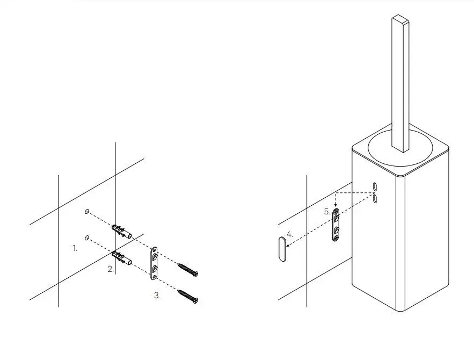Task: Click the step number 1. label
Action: [x=75, y=248]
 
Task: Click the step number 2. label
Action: [x=111, y=269]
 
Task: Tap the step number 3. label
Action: [x=157, y=296]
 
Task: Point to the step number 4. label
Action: [x=289, y=234]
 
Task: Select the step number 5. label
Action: [x=327, y=212]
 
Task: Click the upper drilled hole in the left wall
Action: [x=87, y=212]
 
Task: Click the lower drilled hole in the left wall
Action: [x=87, y=238]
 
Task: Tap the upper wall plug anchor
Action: [x=122, y=232]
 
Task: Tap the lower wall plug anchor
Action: [x=122, y=258]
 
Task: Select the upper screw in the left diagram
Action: [x=188, y=270]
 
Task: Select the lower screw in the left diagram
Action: [x=188, y=296]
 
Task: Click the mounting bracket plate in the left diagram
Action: [x=154, y=263]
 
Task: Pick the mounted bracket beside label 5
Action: [x=336, y=225]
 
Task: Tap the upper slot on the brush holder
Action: [x=375, y=186]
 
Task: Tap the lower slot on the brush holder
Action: [x=375, y=198]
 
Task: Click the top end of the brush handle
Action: [x=400, y=19]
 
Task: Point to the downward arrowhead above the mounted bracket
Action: [x=336, y=205]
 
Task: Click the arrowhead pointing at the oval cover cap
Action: [x=288, y=246]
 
